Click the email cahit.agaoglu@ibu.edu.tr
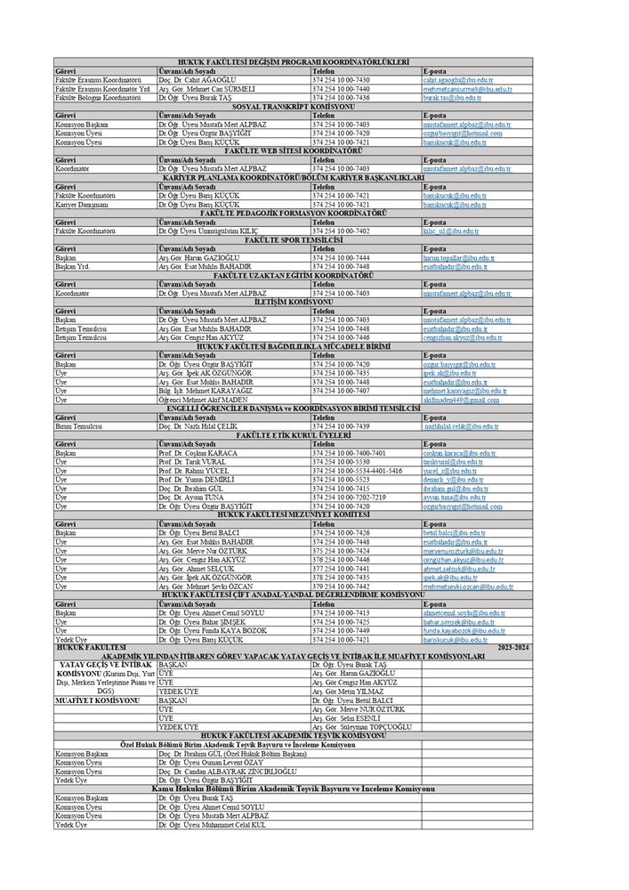[457, 79]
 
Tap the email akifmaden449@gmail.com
[461, 400]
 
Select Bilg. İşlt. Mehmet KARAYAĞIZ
[205, 391]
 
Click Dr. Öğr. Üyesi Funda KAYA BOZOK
[211, 630]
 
